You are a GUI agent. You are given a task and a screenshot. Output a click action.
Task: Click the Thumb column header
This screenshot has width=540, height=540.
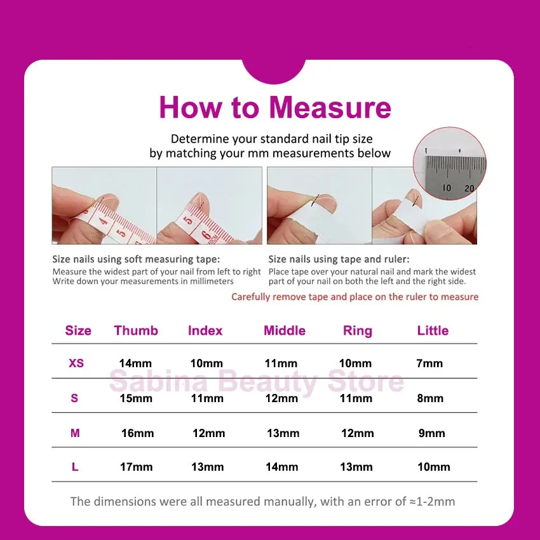point(136,330)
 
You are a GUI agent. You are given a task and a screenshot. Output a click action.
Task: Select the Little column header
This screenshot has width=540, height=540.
point(433,330)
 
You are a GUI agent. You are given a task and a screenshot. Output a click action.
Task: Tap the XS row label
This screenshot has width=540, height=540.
point(76,363)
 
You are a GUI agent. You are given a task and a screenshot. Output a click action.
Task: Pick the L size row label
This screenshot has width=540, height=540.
point(75,467)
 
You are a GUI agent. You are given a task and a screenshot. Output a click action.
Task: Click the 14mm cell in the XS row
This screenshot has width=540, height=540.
point(135,363)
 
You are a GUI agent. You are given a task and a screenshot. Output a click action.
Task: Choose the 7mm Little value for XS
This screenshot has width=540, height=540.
point(429,363)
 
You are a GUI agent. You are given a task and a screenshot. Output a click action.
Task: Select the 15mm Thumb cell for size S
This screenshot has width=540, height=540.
point(136,398)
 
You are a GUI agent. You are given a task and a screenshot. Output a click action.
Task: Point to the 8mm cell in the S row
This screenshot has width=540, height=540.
point(430,398)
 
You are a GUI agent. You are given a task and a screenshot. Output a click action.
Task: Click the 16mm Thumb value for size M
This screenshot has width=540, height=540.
point(137,433)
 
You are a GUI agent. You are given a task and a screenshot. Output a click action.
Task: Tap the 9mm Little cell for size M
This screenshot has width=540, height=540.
point(432,433)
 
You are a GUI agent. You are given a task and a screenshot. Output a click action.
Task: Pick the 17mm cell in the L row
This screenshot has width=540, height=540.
point(137,467)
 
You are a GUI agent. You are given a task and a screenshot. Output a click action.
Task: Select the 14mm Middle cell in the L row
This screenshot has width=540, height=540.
point(281,467)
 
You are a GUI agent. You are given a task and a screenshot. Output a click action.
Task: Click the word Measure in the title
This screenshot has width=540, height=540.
point(330,107)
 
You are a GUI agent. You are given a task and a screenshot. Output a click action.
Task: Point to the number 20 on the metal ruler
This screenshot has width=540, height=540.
point(469,189)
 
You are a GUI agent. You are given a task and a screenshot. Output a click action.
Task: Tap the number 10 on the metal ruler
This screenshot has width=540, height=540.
point(447,187)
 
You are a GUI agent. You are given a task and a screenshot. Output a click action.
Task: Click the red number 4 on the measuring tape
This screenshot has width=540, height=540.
point(104,220)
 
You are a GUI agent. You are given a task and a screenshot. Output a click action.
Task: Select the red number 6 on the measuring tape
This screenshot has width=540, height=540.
point(206,235)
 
